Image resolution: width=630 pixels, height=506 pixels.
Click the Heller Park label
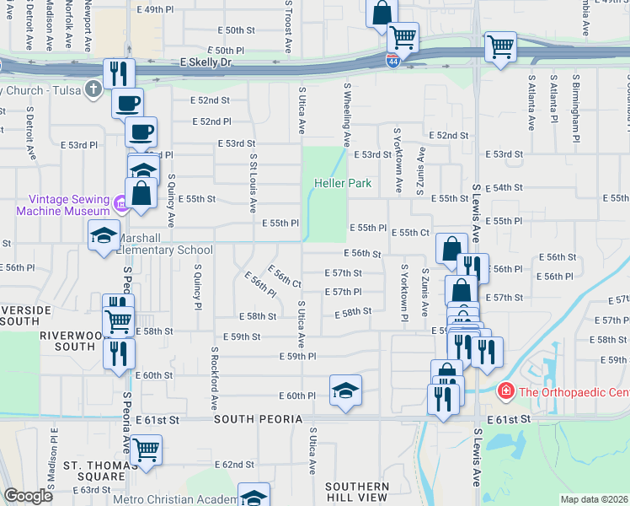click(343, 183)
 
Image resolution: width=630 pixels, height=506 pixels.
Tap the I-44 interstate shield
click(392, 60)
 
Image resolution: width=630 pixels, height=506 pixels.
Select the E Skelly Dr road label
click(206, 62)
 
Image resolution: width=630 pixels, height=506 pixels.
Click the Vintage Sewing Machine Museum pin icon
click(120, 202)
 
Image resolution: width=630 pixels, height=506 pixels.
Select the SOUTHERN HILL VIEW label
click(357, 493)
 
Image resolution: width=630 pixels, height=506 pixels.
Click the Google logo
click(28, 496)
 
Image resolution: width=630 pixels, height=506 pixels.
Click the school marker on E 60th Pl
click(345, 390)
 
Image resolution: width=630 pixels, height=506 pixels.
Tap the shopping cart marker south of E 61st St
click(147, 449)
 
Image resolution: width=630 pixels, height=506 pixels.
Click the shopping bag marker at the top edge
click(382, 12)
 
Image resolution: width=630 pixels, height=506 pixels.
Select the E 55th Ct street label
click(414, 232)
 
